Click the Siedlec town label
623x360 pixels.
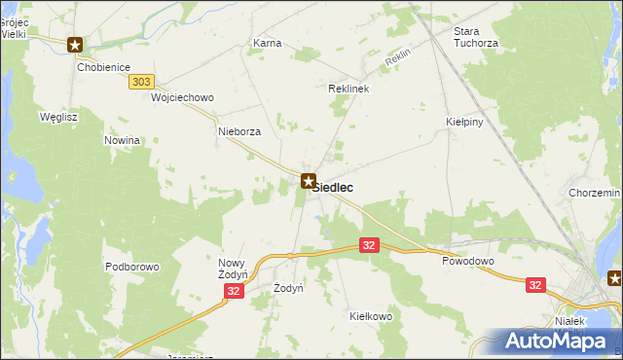click(333, 187)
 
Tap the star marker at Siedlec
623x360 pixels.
click(309, 181)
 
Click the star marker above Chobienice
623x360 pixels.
click(75, 45)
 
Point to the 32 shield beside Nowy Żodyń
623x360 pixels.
click(233, 291)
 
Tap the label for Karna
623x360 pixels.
click(267, 44)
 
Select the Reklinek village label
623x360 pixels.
click(348, 89)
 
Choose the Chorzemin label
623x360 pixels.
click(595, 194)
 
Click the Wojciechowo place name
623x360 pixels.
click(182, 98)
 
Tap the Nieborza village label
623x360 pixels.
click(239, 132)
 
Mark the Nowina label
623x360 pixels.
click(123, 140)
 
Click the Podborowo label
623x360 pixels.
click(132, 267)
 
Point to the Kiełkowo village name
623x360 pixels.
click(370, 316)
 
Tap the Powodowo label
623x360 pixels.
click(468, 262)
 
